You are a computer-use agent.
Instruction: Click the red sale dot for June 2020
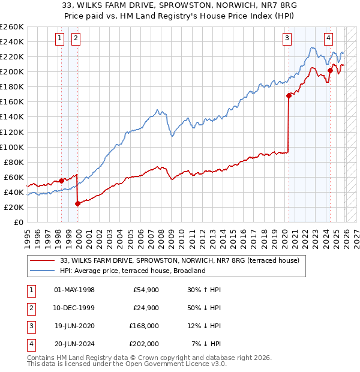(x=289, y=95)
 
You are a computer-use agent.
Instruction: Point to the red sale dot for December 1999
(x=77, y=203)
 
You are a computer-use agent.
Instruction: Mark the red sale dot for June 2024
(x=330, y=70)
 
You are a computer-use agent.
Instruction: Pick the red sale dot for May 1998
(x=61, y=181)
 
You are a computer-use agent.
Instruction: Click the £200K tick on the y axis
(x=11, y=71)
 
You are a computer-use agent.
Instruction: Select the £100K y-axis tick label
(x=11, y=147)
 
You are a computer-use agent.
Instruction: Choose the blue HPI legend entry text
(x=133, y=271)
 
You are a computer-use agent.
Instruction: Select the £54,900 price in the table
(x=145, y=290)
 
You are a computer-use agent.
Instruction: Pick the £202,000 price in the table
(x=144, y=344)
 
